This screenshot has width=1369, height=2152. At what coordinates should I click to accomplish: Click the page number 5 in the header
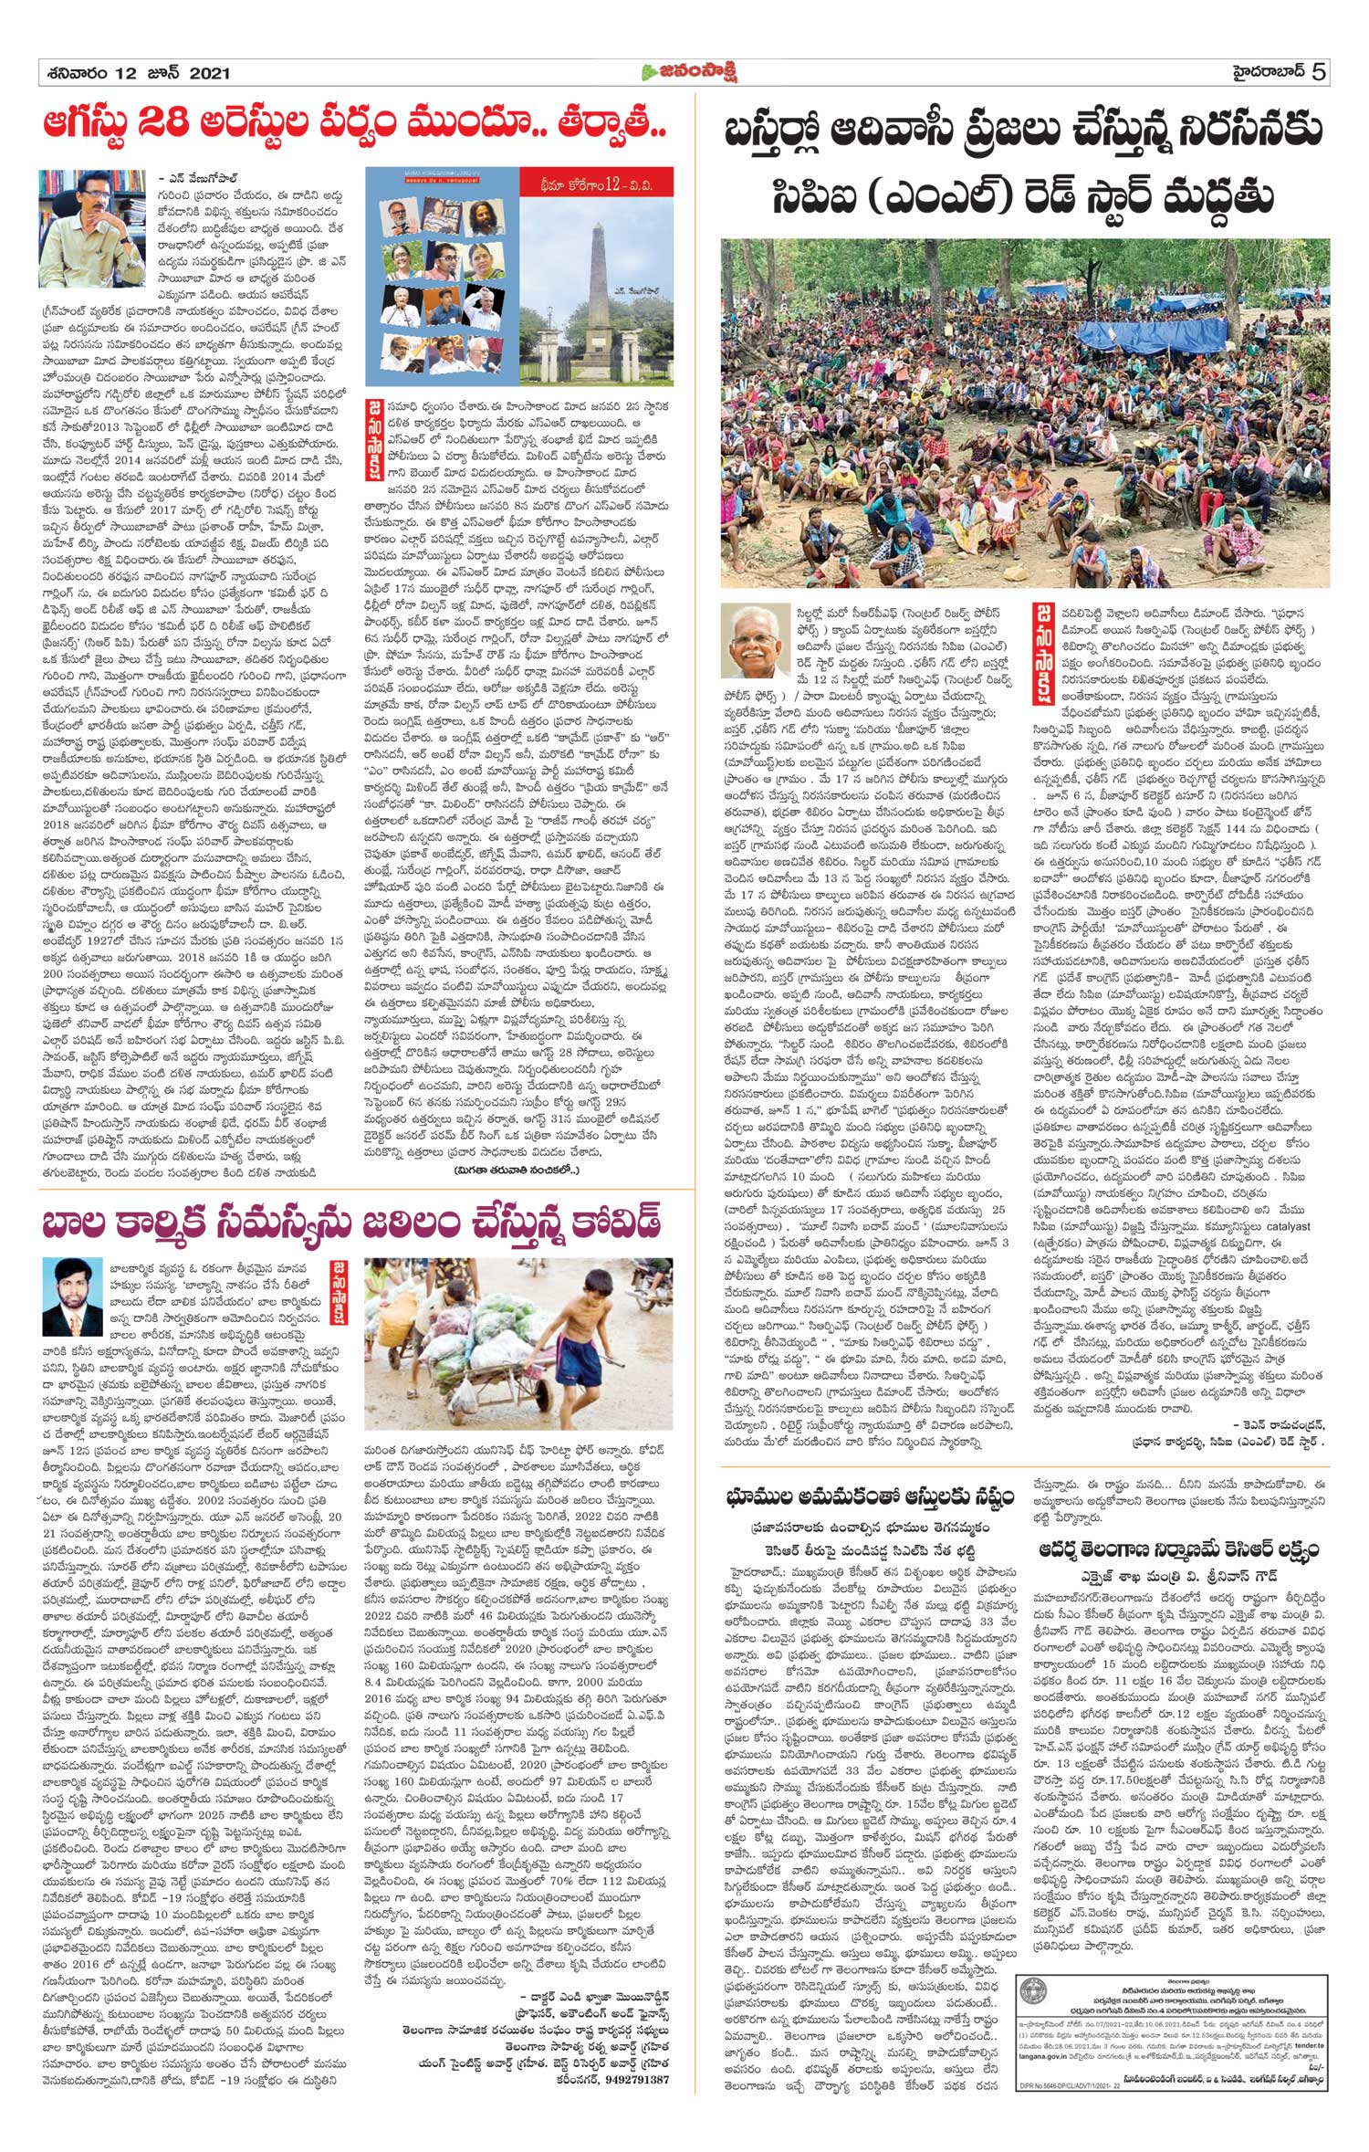click(1319, 72)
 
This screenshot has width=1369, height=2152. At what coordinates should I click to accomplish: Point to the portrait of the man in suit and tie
click(72, 1296)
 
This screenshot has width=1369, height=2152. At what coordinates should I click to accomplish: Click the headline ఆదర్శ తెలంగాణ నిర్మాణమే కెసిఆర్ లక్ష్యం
click(1176, 1550)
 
